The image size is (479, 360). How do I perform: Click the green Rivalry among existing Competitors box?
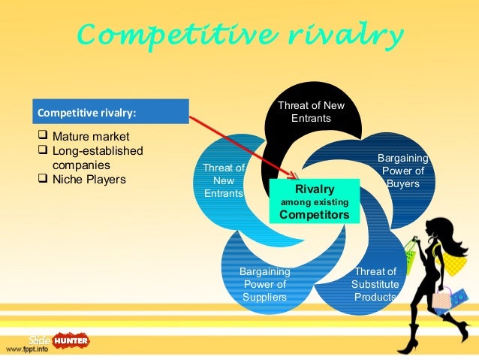click(315, 201)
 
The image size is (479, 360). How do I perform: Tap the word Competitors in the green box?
click(315, 214)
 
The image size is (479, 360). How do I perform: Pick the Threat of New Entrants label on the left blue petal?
click(224, 180)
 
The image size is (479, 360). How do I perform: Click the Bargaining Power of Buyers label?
click(402, 171)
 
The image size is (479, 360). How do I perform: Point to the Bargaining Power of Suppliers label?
click(264, 284)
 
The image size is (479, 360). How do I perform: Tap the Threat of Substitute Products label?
click(375, 284)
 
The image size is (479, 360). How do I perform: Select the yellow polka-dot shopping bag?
click(453, 261)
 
